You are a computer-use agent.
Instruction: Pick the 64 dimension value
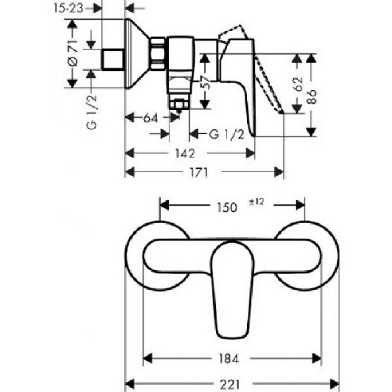pyautogui.click(x=150, y=118)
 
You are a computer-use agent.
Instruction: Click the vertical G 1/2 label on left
pyautogui.click(x=92, y=111)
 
